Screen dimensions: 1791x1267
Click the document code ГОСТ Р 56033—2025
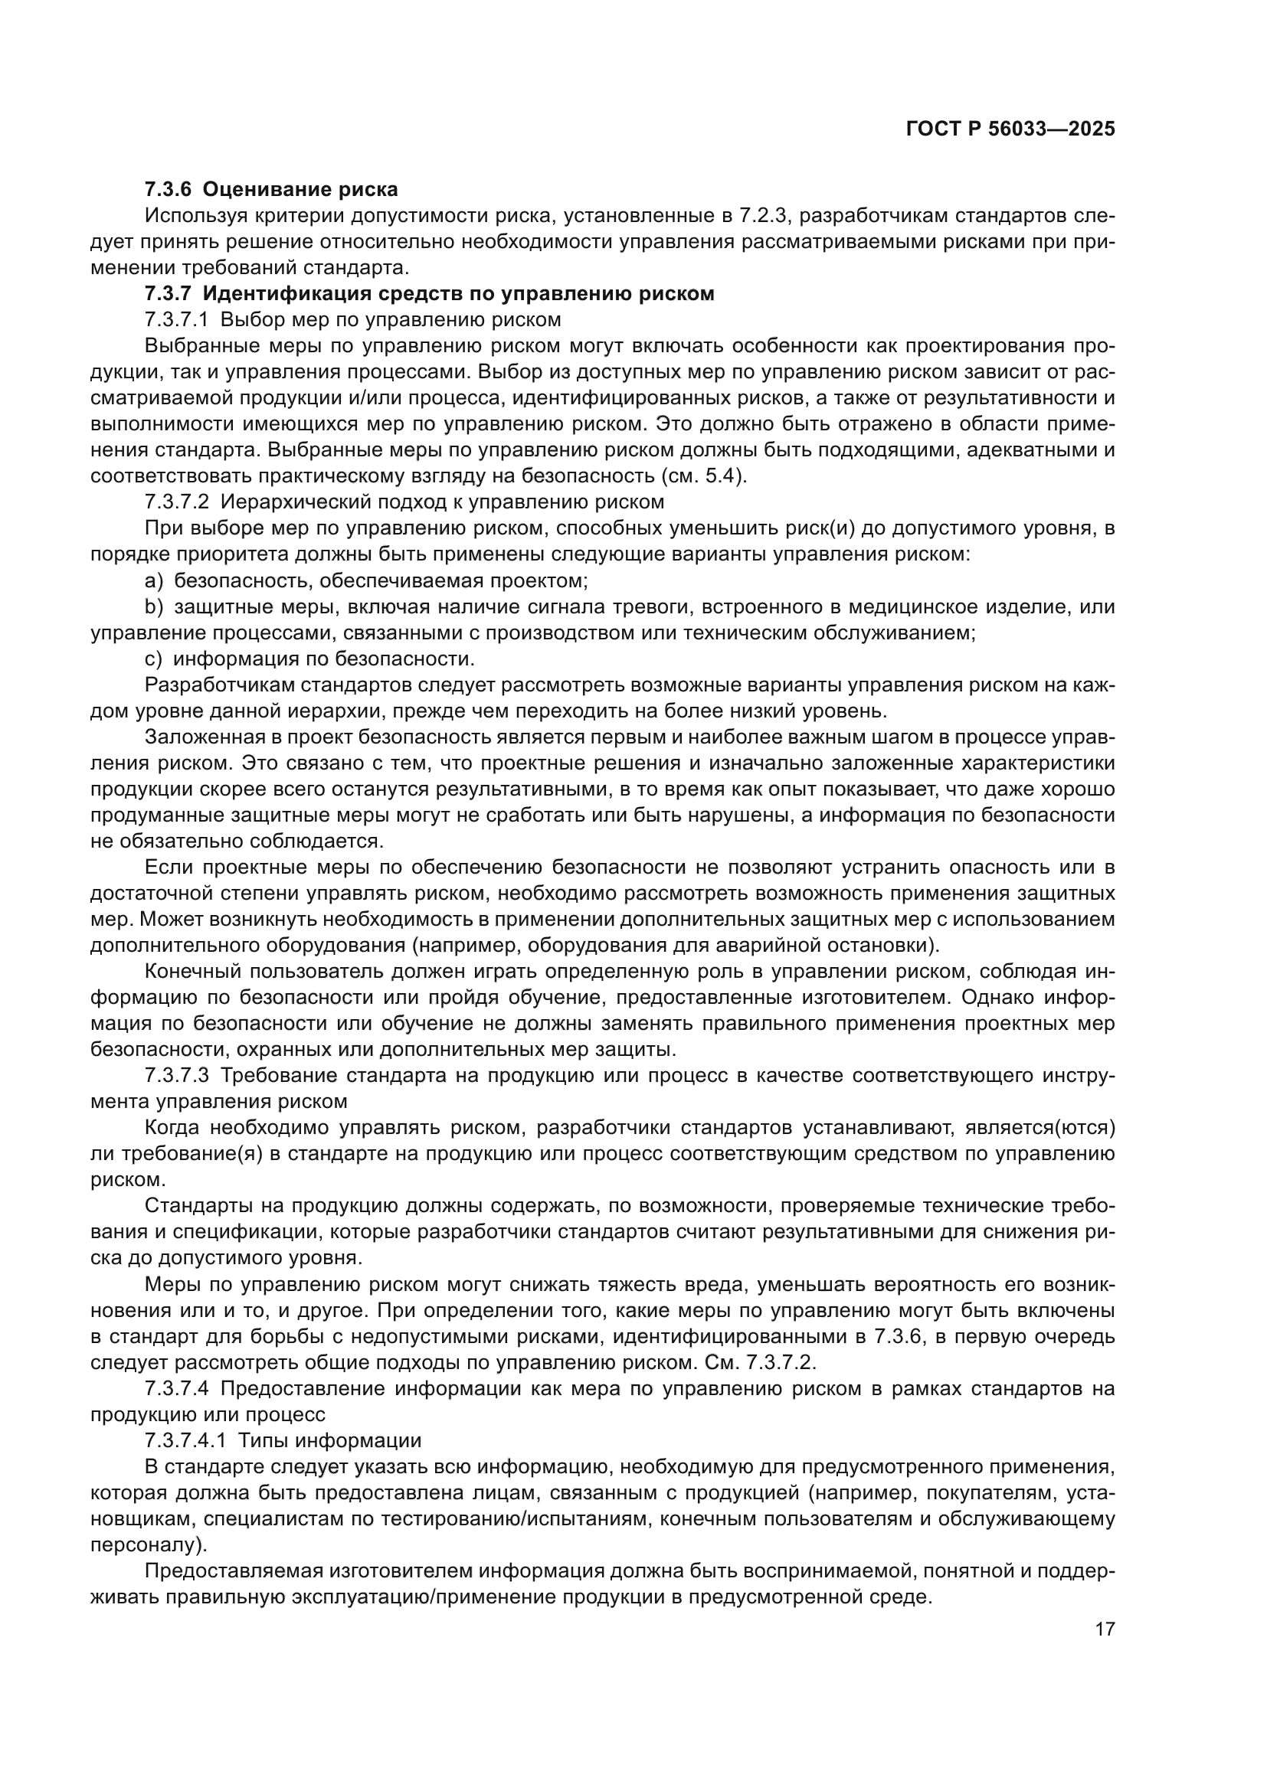click(x=1010, y=129)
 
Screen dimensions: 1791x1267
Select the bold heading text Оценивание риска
click(x=306, y=190)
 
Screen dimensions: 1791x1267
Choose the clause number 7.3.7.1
click(x=176, y=320)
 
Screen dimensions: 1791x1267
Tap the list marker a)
click(x=154, y=580)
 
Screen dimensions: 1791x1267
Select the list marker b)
click(x=154, y=607)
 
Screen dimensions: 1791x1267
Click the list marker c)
click(x=154, y=659)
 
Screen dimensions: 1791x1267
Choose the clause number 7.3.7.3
click(x=177, y=1076)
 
